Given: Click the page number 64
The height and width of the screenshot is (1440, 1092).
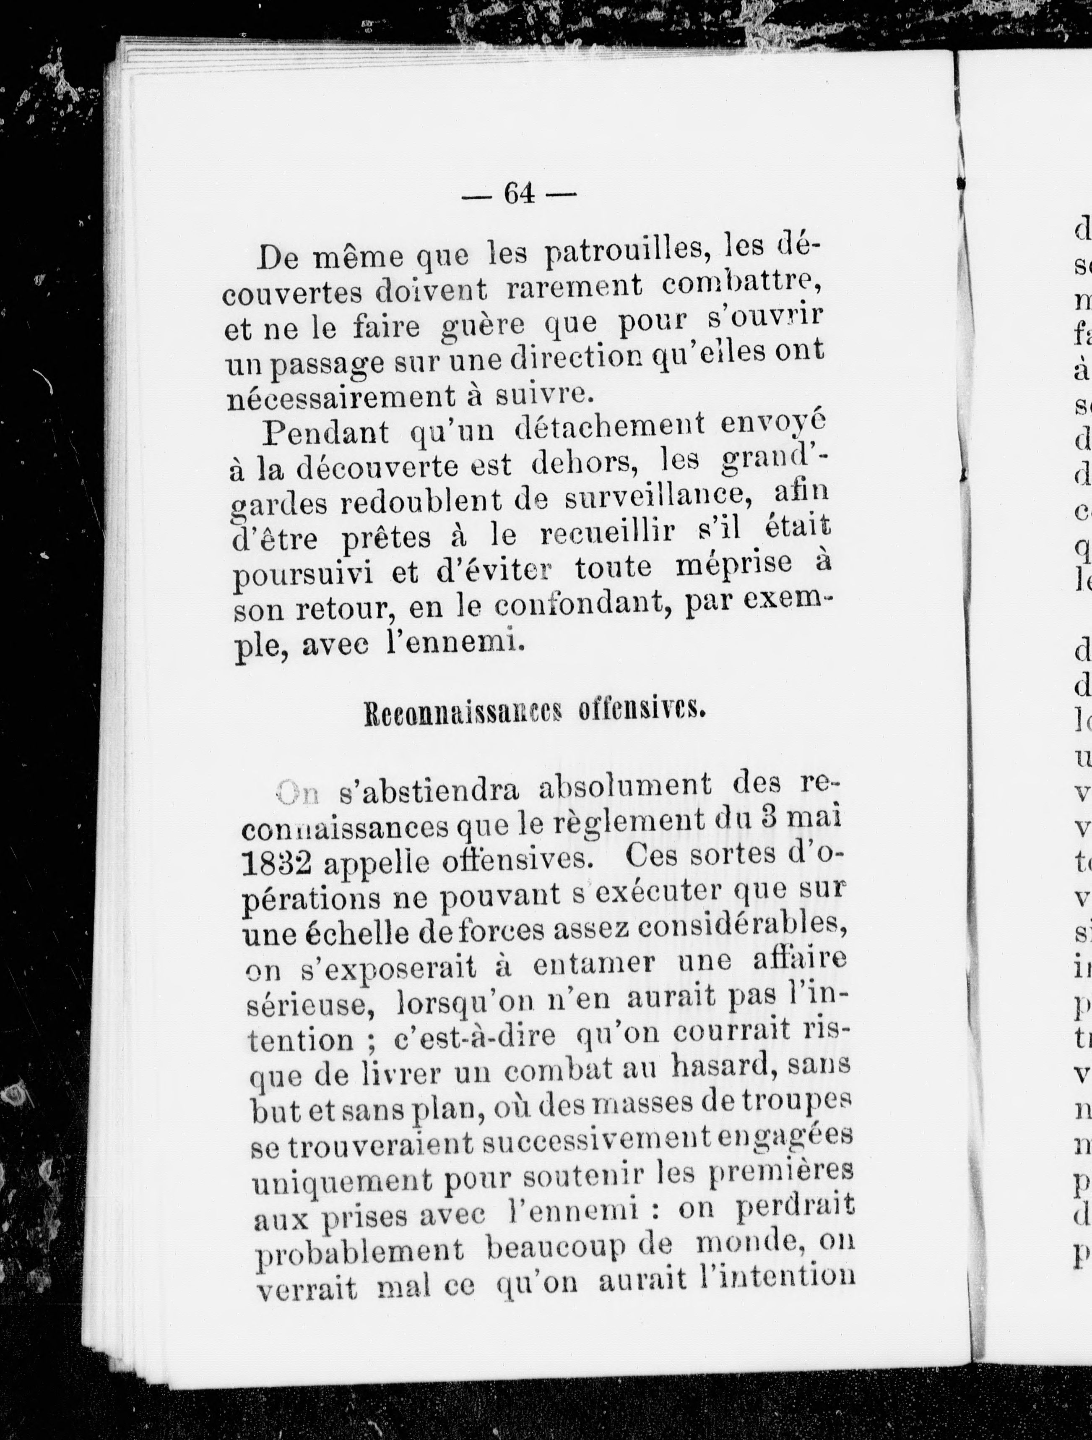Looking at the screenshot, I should (x=519, y=193).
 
